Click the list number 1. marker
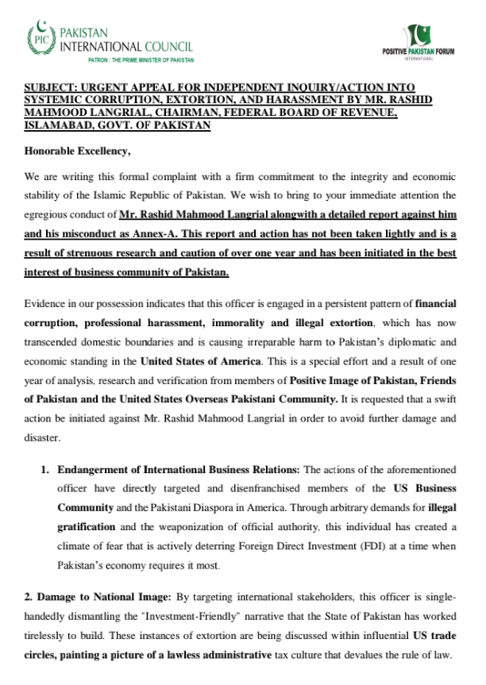(x=45, y=469)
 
